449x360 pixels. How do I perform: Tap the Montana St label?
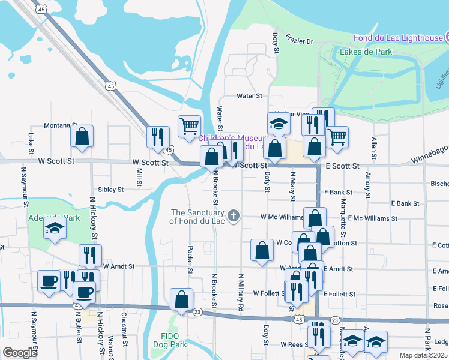coord(61,126)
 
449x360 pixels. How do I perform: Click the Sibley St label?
coord(110,189)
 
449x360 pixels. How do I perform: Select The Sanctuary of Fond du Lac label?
coord(197,217)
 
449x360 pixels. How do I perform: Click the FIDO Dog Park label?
coord(174,340)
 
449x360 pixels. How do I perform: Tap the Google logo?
coord(19,353)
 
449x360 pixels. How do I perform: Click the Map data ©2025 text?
coord(424,355)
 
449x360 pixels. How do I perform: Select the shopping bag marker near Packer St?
coord(181,299)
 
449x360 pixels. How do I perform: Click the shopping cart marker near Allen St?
coord(337,137)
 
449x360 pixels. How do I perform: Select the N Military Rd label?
coord(240,292)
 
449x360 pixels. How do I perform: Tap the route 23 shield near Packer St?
coord(197,311)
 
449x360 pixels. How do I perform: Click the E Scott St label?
coord(342,166)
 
